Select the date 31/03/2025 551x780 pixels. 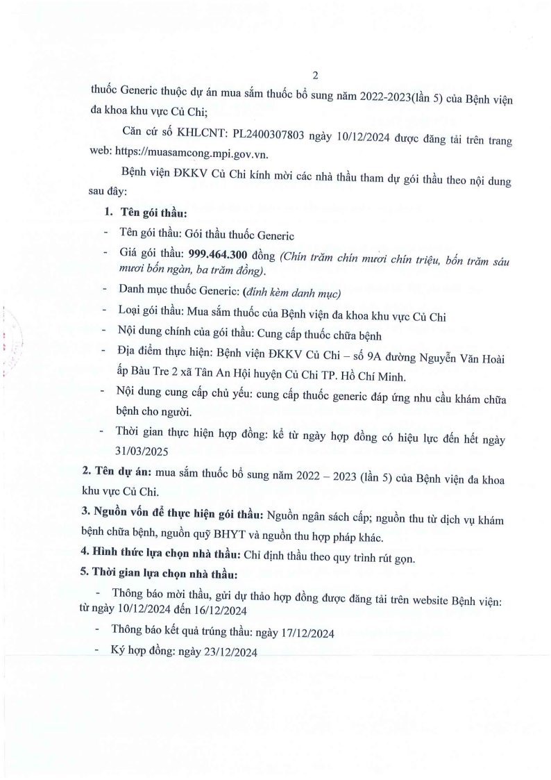tap(143, 451)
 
